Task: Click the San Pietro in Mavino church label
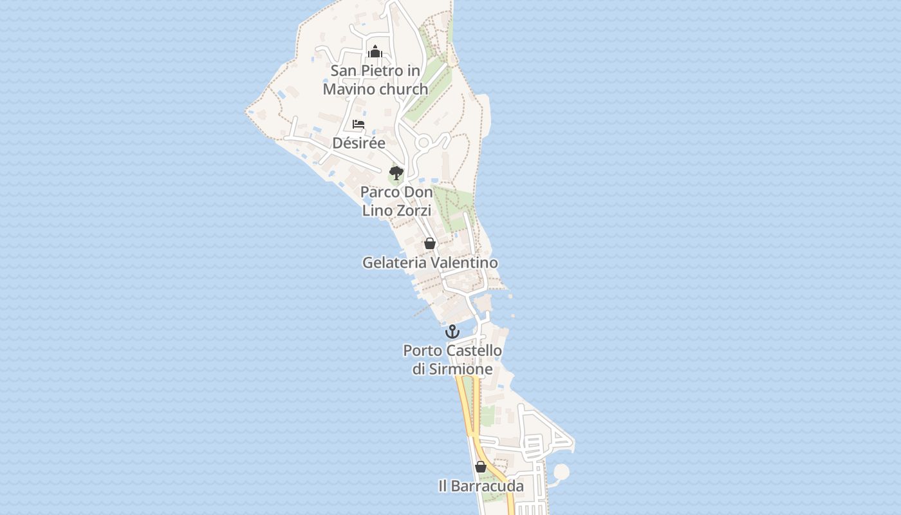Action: click(375, 80)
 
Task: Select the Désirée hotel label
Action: click(358, 142)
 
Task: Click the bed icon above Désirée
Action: click(358, 124)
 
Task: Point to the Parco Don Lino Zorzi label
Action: click(396, 201)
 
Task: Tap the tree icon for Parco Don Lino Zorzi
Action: click(396, 173)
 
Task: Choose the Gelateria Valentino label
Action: click(430, 263)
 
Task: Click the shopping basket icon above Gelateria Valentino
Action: click(430, 243)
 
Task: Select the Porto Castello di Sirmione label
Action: click(452, 360)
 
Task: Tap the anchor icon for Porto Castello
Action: click(452, 332)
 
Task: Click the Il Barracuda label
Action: click(481, 486)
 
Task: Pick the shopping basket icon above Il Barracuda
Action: click(481, 467)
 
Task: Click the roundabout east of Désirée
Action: click(424, 142)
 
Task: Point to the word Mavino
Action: click(350, 89)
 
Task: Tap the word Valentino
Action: click(465, 263)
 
